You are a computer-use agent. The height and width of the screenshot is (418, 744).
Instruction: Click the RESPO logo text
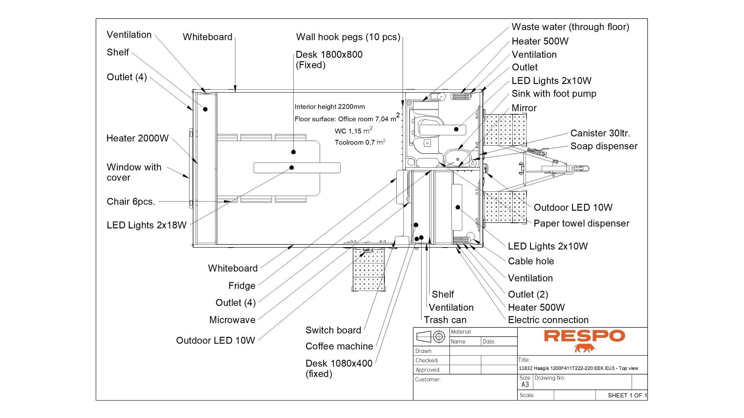[584, 336]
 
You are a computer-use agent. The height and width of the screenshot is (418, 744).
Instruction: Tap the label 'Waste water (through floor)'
[570, 27]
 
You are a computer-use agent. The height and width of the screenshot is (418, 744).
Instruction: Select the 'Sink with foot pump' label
[554, 94]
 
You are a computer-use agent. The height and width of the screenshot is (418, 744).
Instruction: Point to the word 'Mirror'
[524, 108]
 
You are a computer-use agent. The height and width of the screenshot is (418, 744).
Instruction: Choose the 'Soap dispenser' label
[604, 146]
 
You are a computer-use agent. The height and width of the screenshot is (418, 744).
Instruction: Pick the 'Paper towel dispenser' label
[581, 224]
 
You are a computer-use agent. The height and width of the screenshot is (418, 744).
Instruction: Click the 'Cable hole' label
[531, 261]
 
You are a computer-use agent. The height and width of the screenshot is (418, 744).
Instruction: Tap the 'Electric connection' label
[548, 320]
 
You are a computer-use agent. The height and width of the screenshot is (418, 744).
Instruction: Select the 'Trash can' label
[445, 320]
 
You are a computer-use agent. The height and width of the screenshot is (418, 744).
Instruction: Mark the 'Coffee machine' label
[339, 346]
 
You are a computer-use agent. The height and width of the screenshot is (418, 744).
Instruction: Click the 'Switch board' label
[333, 330]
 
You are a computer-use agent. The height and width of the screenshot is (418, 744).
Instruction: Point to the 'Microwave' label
[232, 320]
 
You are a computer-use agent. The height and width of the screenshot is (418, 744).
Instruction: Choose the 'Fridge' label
[242, 286]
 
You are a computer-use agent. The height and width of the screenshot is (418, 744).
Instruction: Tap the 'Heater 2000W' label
[138, 138]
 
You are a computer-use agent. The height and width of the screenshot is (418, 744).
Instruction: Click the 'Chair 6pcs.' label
[131, 202]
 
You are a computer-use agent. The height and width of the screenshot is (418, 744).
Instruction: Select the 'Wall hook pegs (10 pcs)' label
[348, 37]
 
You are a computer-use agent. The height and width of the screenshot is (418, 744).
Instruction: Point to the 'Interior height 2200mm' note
[330, 107]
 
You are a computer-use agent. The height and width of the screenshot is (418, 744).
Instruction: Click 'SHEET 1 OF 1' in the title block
[627, 396]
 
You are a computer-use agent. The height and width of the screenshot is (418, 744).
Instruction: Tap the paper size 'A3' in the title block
[525, 385]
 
